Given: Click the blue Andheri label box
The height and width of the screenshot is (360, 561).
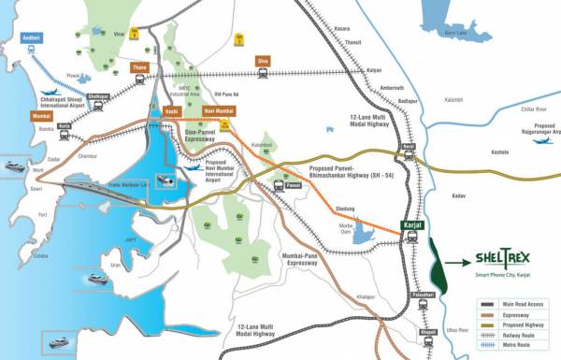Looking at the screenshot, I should point(31,37).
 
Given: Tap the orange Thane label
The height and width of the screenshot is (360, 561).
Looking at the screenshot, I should point(139,67).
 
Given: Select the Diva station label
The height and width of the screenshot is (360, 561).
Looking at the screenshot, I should point(263,61).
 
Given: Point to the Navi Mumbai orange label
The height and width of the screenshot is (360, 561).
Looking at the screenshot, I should point(219,111).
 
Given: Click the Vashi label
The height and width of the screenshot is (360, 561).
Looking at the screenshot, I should point(171,111).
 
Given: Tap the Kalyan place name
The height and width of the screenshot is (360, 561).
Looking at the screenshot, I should point(374,70).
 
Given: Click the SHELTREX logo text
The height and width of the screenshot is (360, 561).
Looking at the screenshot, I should point(499,261).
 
